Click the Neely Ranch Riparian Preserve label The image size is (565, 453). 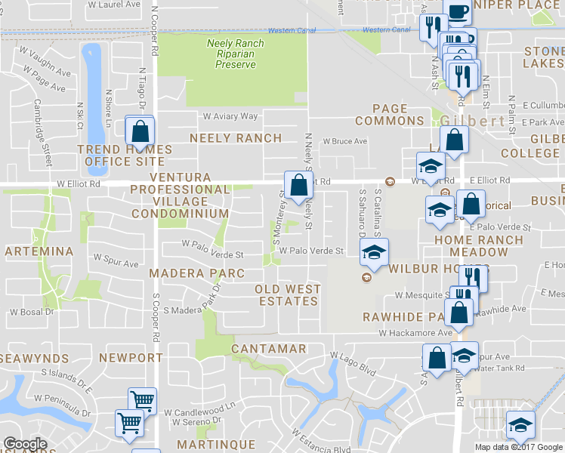click(236, 54)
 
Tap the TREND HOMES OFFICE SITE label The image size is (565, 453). click(125, 156)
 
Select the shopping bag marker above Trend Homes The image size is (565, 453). click(140, 131)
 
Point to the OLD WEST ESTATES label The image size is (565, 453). click(288, 295)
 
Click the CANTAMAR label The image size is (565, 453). click(268, 349)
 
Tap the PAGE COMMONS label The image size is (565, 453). click(389, 115)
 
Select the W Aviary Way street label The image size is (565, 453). click(230, 116)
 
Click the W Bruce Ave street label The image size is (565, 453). click(344, 141)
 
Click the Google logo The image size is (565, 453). click(25, 445)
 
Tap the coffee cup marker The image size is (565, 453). click(458, 12)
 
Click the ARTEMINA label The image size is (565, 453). click(39, 251)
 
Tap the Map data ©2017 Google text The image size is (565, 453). click(519, 447)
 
